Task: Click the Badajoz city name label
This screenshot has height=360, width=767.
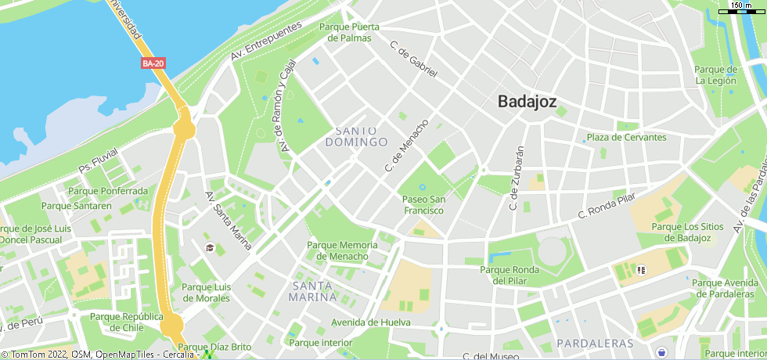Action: click(527, 101)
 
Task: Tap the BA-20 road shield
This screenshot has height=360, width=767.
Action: click(153, 63)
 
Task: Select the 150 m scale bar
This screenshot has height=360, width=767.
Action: click(740, 9)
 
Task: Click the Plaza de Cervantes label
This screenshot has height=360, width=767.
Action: click(627, 138)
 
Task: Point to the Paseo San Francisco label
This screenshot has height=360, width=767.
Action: click(423, 204)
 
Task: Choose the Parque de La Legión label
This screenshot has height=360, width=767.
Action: click(715, 74)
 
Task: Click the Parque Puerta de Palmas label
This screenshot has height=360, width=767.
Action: click(349, 32)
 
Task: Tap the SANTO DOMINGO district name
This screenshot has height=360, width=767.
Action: click(356, 136)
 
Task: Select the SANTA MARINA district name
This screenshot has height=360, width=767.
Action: click(313, 291)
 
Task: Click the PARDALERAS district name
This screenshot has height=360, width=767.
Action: click(595, 344)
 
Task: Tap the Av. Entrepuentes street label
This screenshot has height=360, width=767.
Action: click(266, 41)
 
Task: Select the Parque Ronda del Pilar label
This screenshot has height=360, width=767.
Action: click(509, 275)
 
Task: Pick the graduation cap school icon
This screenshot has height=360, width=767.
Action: click(210, 248)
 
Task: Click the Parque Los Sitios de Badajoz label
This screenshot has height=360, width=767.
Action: click(681, 232)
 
